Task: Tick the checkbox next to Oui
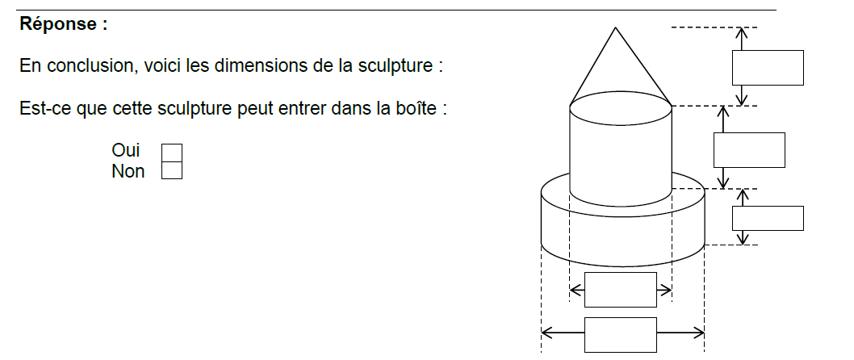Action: click(x=172, y=153)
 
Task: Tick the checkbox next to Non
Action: click(x=172, y=170)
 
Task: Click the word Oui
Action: click(x=126, y=150)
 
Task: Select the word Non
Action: click(x=128, y=171)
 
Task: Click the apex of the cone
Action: click(x=615, y=27)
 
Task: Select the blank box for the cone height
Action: click(x=768, y=68)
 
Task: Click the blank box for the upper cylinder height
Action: click(x=749, y=150)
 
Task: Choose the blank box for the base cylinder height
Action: click(x=768, y=218)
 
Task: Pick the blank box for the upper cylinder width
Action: click(x=621, y=290)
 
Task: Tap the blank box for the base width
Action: click(x=621, y=334)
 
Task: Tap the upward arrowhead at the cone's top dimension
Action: click(x=741, y=32)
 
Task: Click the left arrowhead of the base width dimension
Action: click(x=546, y=333)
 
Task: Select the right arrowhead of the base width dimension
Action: click(x=699, y=333)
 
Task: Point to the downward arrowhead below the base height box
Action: click(x=742, y=239)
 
